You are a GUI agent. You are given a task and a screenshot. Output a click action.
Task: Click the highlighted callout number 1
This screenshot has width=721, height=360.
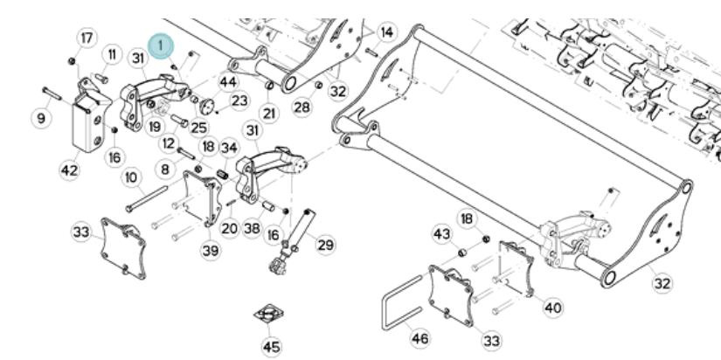pyautogui.click(x=162, y=44)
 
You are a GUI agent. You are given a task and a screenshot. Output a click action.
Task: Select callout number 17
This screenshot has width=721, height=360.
pyautogui.click(x=87, y=38)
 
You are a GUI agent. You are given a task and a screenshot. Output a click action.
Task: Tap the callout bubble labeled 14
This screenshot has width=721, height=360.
pyautogui.click(x=385, y=31)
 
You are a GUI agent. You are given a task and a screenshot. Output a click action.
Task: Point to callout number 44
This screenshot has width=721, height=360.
pyautogui.click(x=228, y=82)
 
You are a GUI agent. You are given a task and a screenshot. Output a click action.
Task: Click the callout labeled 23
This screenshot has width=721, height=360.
pyautogui.click(x=239, y=100)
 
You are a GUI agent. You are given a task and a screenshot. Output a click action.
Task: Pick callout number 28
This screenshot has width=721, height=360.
pyautogui.click(x=302, y=107)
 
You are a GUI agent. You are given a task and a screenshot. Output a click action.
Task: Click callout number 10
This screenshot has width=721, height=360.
pyautogui.click(x=131, y=177)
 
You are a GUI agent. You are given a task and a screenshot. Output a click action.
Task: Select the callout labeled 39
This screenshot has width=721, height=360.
pyautogui.click(x=211, y=251)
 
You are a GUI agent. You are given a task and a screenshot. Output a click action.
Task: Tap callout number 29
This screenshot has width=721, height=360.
pyautogui.click(x=324, y=246)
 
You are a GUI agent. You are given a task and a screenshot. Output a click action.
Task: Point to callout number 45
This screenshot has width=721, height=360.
pyautogui.click(x=272, y=347)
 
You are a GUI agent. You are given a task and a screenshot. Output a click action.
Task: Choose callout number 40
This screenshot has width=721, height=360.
pyautogui.click(x=553, y=308)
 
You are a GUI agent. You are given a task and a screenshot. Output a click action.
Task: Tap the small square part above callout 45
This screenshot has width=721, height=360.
pyautogui.click(x=270, y=313)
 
